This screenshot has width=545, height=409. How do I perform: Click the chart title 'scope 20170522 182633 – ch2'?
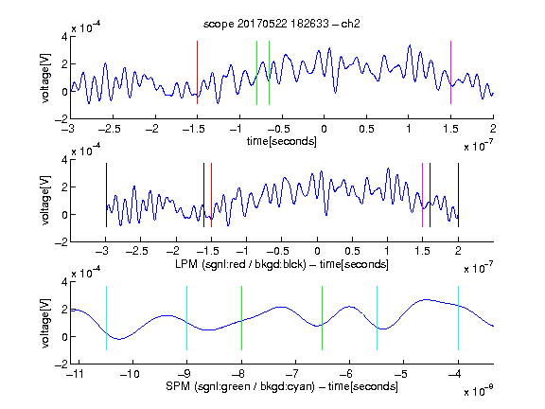[x=281, y=24]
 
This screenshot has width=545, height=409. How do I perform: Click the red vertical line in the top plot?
[x=197, y=72]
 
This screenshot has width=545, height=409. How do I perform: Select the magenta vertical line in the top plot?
[x=450, y=72]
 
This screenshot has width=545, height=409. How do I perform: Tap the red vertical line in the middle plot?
[x=211, y=195]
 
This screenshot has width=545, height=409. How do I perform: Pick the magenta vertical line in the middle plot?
[x=422, y=195]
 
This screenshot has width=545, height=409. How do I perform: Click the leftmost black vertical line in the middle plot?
[x=106, y=195]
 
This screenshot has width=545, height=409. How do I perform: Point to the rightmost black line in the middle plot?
[x=458, y=195]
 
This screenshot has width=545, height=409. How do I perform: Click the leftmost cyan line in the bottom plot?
[x=106, y=318]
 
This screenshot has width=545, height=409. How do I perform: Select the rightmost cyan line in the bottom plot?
[x=458, y=318]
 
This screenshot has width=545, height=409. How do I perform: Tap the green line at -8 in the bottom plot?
[x=241, y=318]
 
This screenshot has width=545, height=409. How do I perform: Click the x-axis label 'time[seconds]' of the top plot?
[x=282, y=141]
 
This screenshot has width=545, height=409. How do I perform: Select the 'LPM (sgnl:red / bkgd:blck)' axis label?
[x=240, y=264]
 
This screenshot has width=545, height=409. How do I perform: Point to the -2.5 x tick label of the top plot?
[x=109, y=129]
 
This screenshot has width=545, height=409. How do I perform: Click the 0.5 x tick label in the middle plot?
[x=352, y=251]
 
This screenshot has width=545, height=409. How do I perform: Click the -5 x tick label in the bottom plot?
[x=403, y=374]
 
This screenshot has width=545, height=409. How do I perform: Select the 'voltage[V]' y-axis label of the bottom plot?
[x=45, y=323]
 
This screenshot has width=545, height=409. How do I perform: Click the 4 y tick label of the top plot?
[x=64, y=37]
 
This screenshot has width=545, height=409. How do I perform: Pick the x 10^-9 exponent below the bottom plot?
[x=478, y=391]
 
